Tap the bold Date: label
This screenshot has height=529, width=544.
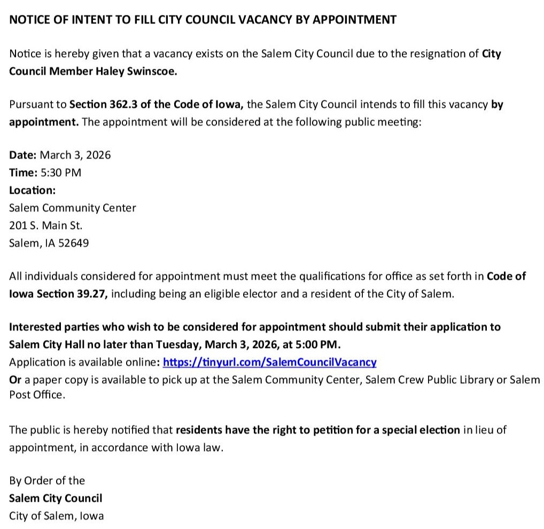pyautogui.click(x=23, y=155)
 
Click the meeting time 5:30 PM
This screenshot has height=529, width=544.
pyautogui.click(x=61, y=173)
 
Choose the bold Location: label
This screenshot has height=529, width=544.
pyautogui.click(x=32, y=190)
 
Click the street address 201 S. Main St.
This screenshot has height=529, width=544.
pyautogui.click(x=46, y=225)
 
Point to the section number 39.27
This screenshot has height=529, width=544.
pyautogui.click(x=90, y=294)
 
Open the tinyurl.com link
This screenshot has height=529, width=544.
pyautogui.click(x=269, y=362)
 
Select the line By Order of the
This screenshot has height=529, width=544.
pyautogui.click(x=47, y=480)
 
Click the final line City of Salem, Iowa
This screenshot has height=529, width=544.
pyautogui.click(x=57, y=516)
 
